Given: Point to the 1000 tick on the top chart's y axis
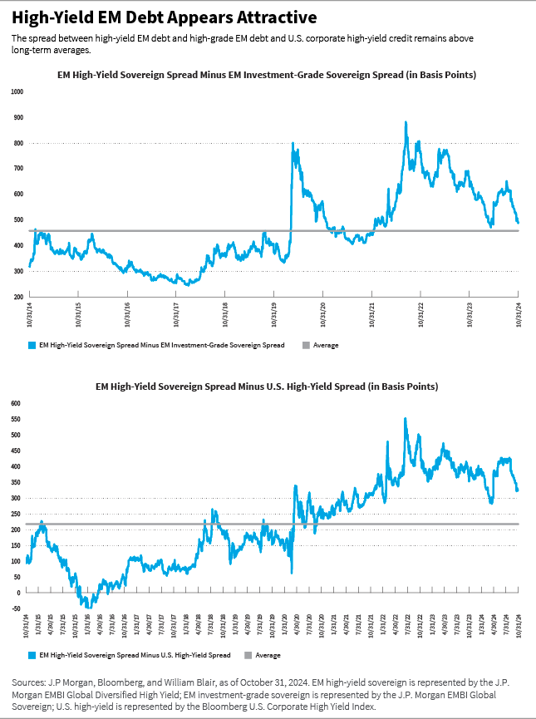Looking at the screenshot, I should [17, 91].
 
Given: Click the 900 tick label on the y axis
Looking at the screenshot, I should [18, 117].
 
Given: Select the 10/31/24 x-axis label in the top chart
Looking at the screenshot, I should [519, 316].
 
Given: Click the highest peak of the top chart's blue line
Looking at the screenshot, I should [406, 123].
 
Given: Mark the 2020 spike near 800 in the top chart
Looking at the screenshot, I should [293, 144].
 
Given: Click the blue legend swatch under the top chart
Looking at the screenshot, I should [32, 344].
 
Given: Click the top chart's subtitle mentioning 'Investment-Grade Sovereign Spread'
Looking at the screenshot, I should [268, 76].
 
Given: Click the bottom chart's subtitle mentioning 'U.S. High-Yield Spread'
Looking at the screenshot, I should [268, 387].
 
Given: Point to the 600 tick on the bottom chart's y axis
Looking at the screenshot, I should [17, 403].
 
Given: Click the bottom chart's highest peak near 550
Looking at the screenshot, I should [406, 419].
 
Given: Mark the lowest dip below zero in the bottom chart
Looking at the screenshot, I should [87, 607].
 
